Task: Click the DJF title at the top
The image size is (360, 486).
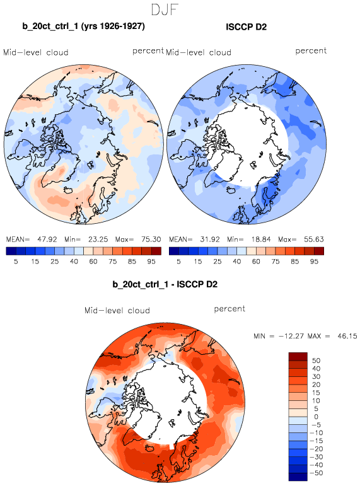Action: pos(165,9)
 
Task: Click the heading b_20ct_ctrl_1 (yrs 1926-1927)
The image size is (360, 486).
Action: pos(83,26)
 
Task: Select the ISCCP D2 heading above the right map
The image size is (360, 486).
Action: pos(247,27)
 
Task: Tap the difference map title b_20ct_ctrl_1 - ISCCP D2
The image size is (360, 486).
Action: pos(165,284)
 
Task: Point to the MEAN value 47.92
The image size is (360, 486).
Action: pos(47,240)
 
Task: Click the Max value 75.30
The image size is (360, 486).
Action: pos(151,240)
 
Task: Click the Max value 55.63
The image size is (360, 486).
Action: pos(314,240)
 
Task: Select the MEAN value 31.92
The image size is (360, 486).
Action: pos(210,240)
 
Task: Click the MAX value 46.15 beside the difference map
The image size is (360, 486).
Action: pos(347,336)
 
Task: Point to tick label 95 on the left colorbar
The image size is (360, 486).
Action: pos(151,262)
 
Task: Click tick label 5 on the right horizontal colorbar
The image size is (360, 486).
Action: pos(178,262)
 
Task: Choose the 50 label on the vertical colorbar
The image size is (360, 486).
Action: pos(316,361)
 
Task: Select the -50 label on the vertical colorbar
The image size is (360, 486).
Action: pos(316,473)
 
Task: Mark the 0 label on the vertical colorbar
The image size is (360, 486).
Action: pos(316,417)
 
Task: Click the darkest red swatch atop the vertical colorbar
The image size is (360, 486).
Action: pos(298,356)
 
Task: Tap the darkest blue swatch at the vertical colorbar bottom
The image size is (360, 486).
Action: pos(298,477)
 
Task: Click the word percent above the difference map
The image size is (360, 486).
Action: pos(229,309)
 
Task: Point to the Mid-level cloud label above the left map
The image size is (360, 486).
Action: pos(36,52)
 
